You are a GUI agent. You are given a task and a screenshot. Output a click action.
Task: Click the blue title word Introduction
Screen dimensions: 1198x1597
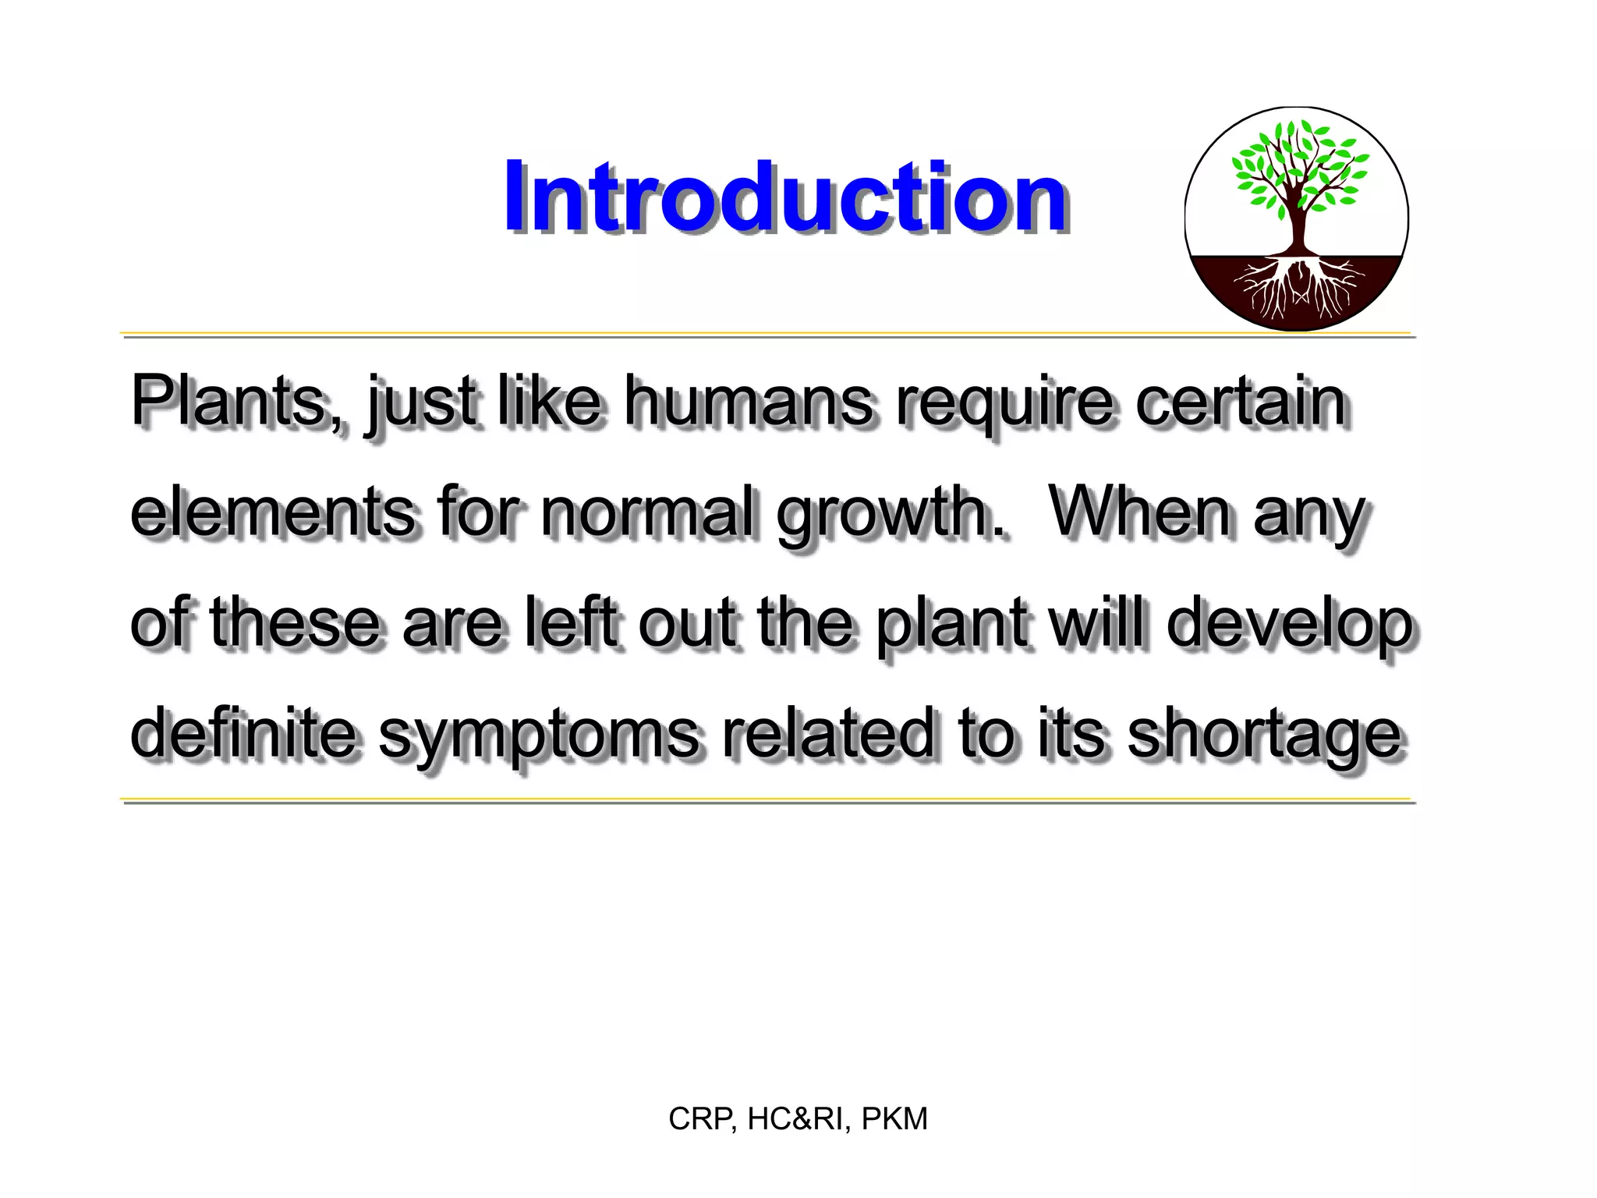(x=784, y=197)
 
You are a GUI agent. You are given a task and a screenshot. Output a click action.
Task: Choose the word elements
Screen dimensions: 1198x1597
(x=273, y=512)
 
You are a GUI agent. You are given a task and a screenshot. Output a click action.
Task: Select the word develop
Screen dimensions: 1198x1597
(x=1290, y=624)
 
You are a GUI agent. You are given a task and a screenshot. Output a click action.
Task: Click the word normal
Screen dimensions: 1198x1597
(x=649, y=512)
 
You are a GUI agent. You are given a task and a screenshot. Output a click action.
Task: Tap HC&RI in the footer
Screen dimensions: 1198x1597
(x=795, y=1119)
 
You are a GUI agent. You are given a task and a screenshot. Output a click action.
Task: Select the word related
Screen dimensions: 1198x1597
(x=828, y=733)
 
